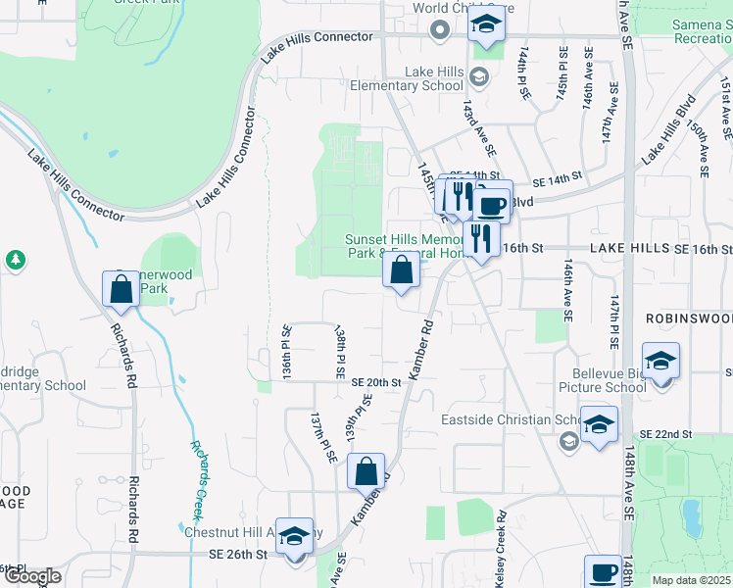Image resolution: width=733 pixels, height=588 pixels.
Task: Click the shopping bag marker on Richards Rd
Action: (121, 289)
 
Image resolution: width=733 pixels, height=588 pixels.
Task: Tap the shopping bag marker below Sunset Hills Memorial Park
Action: (401, 270)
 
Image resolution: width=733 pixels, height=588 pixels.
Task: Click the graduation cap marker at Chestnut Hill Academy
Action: (294, 536)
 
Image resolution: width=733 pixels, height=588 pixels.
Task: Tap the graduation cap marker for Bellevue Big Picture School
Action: (661, 361)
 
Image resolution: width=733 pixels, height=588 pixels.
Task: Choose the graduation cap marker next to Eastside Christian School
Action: (599, 424)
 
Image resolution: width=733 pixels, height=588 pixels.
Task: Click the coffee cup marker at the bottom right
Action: (604, 572)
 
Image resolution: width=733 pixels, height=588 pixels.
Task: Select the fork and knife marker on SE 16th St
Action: (481, 238)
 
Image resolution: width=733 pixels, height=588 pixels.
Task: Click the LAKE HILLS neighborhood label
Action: (628, 250)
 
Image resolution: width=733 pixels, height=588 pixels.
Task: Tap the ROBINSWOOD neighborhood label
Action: (689, 319)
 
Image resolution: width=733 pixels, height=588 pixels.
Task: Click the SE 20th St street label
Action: (376, 382)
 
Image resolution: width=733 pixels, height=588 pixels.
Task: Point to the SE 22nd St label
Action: (665, 433)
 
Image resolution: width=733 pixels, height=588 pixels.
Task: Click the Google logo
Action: (31, 576)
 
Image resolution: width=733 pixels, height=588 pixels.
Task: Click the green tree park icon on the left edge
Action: (15, 260)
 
